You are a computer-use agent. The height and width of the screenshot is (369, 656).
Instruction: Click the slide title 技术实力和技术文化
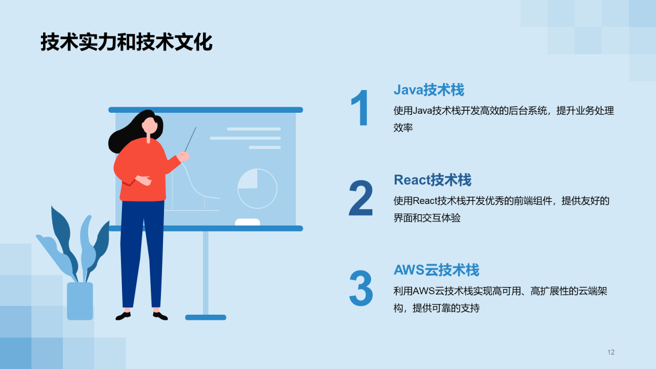[x=126, y=43]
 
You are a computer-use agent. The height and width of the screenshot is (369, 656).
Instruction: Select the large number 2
[x=361, y=198]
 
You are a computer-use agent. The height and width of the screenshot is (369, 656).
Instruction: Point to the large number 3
[x=361, y=289]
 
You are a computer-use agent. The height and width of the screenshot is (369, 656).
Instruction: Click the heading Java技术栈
[x=428, y=90]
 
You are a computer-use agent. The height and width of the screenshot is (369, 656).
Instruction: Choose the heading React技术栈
[x=432, y=180]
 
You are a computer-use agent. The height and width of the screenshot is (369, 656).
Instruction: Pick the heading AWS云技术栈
[x=436, y=270]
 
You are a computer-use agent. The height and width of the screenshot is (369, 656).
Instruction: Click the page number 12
[x=610, y=352]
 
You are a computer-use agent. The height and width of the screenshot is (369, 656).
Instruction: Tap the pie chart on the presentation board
[x=257, y=188]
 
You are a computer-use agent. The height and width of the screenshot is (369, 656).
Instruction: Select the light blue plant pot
[x=80, y=301]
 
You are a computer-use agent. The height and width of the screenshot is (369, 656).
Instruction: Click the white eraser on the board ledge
[x=247, y=222]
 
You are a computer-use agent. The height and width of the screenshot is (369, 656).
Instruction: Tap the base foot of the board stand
[x=206, y=317]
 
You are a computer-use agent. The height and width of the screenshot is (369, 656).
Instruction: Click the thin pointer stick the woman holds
[x=190, y=139]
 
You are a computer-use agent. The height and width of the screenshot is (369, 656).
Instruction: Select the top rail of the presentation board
[x=206, y=110]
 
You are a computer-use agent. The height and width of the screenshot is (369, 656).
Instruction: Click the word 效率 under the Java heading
[x=403, y=128]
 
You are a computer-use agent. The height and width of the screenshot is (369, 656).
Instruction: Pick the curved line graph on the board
[x=197, y=184]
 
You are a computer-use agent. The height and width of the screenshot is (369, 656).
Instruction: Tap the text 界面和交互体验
[x=427, y=218]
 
